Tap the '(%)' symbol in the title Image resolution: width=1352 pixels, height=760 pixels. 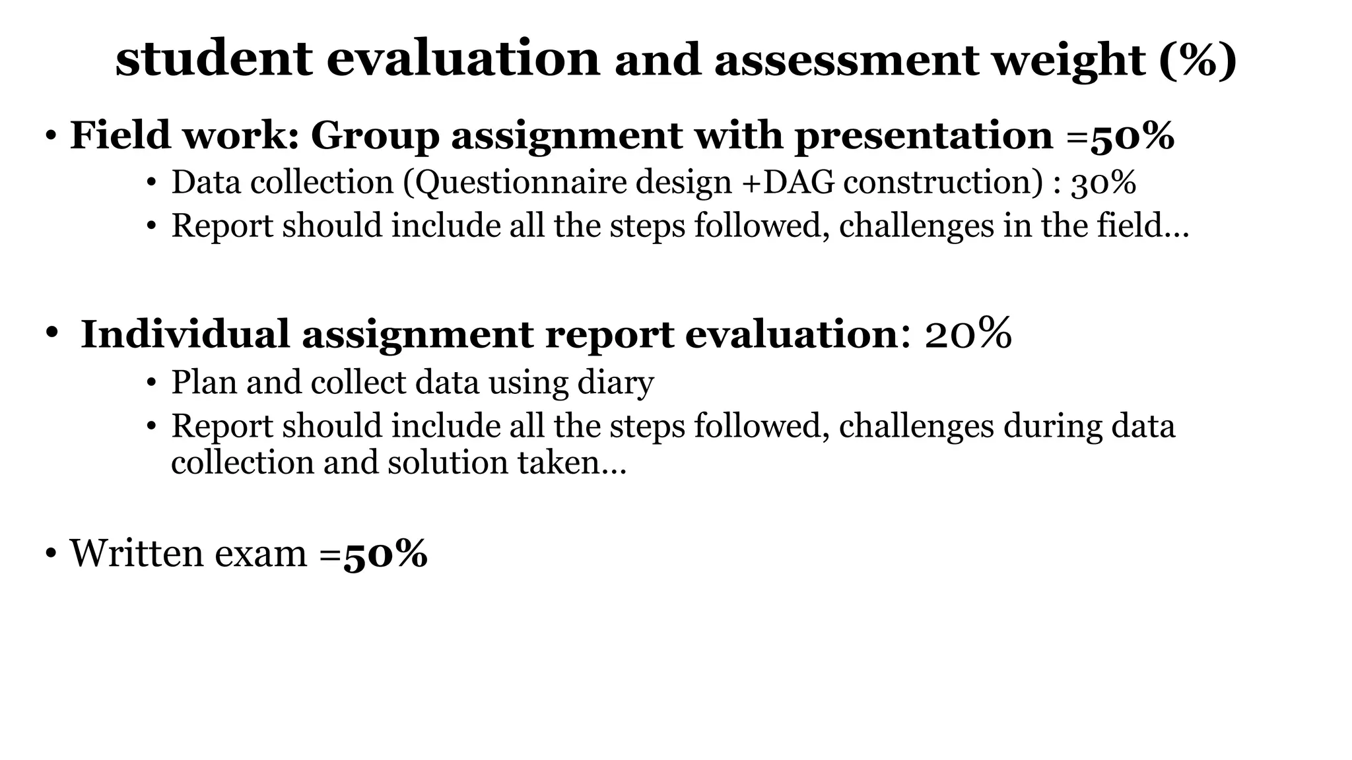pos(1198,60)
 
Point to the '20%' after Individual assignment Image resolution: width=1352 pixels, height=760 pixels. pos(968,334)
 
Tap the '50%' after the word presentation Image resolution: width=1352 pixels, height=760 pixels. pos(1132,136)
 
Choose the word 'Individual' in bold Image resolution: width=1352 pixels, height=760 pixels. pos(186,334)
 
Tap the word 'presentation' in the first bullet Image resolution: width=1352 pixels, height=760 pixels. pos(924,136)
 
